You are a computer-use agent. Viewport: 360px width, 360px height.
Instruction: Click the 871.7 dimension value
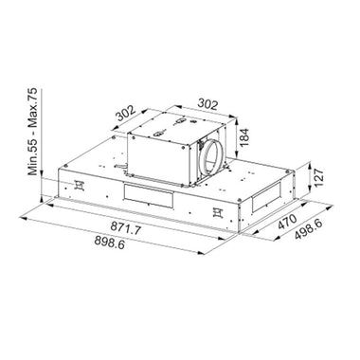(125, 227)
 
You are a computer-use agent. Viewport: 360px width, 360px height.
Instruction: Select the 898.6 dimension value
(110, 242)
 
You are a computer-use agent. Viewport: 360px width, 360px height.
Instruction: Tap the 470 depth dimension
(287, 222)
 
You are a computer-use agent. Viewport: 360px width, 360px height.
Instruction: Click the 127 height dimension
(319, 178)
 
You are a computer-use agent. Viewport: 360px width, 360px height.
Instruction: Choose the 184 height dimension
(243, 136)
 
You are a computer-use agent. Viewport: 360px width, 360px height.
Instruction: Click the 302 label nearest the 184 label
(207, 104)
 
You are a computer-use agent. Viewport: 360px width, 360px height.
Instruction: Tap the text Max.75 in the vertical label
(32, 106)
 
